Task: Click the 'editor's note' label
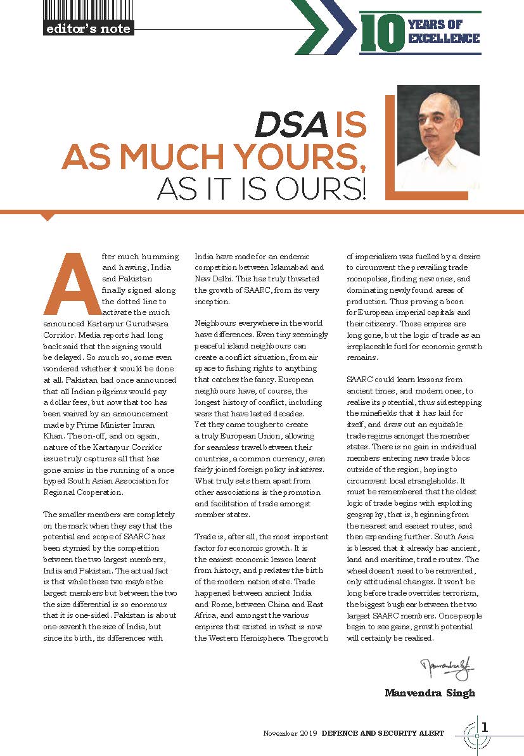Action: point(88,29)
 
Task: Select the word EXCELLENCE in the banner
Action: point(444,39)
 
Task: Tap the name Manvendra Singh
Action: point(430,693)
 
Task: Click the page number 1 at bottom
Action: point(485,726)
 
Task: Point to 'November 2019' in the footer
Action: point(290,733)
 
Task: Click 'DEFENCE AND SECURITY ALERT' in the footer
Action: point(383,733)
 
